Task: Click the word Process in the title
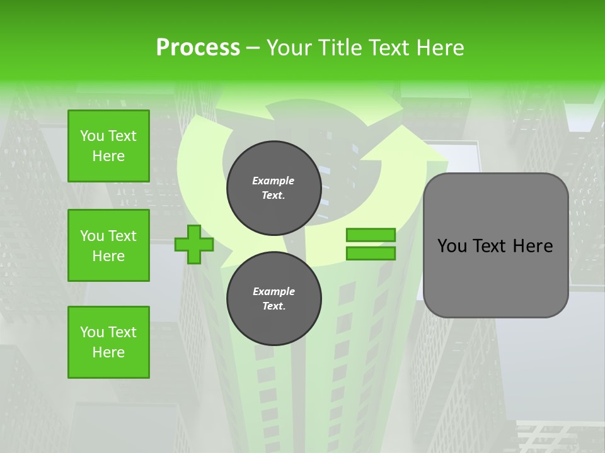pyautogui.click(x=198, y=48)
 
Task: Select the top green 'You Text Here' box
pyautogui.click(x=108, y=146)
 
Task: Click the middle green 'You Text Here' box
pyautogui.click(x=108, y=245)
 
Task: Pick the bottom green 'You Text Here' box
pyautogui.click(x=108, y=342)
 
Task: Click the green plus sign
pyautogui.click(x=194, y=244)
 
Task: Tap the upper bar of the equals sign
pyautogui.click(x=371, y=235)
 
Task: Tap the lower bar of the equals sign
pyautogui.click(x=371, y=254)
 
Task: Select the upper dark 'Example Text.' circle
pyautogui.click(x=274, y=188)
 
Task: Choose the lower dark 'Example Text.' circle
pyautogui.click(x=274, y=299)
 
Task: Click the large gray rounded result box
pyautogui.click(x=495, y=277)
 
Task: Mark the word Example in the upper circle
pyautogui.click(x=274, y=181)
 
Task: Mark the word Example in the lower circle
pyautogui.click(x=274, y=291)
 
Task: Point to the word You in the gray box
pyautogui.click(x=452, y=246)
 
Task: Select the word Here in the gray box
pyautogui.click(x=533, y=246)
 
